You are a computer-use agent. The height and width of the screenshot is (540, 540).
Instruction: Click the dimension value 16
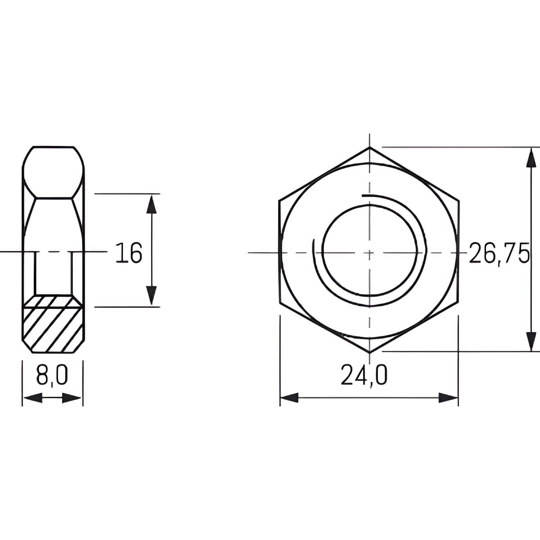(129, 252)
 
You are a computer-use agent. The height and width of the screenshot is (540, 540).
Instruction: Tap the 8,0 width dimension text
(52, 375)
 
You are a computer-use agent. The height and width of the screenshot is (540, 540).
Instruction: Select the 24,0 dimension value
(364, 375)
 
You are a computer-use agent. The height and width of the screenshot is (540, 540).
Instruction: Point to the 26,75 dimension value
(499, 253)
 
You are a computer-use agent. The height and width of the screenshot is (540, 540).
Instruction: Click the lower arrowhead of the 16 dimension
(152, 296)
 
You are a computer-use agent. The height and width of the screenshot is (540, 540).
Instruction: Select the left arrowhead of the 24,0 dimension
(289, 398)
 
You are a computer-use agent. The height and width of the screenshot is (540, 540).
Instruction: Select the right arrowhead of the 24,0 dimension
(448, 398)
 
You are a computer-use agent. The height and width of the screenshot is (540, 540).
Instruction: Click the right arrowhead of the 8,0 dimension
(72, 398)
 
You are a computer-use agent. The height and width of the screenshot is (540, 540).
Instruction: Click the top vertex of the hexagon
(369, 147)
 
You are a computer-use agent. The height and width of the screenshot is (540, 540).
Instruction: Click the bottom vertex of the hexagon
(369, 352)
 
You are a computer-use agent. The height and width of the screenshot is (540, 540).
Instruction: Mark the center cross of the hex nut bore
(369, 252)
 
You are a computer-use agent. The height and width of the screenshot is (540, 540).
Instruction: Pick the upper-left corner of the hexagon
(279, 200)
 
